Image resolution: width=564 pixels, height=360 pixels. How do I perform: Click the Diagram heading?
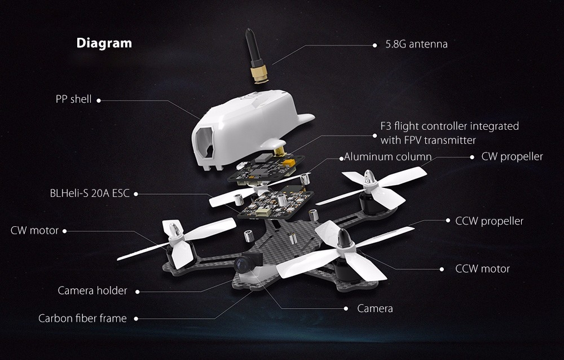[104, 43]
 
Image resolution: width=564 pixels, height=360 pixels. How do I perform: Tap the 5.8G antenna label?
[416, 43]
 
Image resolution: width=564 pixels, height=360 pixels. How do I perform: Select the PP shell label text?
[73, 99]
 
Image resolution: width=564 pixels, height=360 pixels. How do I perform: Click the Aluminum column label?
[388, 156]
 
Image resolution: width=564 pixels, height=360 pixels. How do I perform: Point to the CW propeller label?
[512, 156]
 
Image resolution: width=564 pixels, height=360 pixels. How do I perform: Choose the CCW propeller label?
[490, 221]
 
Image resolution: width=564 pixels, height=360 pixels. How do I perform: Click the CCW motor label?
[482, 269]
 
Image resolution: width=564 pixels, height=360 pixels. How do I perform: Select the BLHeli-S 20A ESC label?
[90, 194]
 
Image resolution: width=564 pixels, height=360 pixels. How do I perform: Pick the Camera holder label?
[92, 291]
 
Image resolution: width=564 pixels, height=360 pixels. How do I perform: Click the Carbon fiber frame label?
[82, 318]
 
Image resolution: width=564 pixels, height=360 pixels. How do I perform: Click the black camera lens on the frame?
[243, 263]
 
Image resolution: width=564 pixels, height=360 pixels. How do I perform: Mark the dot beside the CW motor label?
[64, 231]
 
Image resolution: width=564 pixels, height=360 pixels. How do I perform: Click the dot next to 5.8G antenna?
[374, 44]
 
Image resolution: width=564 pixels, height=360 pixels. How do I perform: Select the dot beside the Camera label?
[346, 309]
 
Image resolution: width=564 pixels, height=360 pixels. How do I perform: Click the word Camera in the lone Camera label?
[375, 309]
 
